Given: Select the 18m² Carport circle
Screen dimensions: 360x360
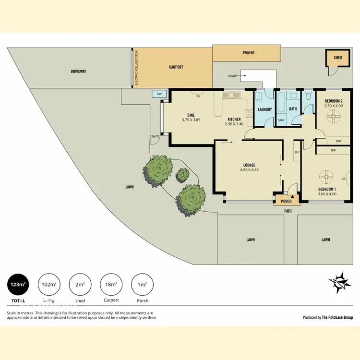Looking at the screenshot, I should [x=111, y=284].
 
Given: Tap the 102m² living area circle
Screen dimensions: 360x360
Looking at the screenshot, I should [x=48, y=284].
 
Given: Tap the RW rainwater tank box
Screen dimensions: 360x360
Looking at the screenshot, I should [x=159, y=94].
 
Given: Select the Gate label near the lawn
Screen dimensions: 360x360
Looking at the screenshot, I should [x=156, y=136].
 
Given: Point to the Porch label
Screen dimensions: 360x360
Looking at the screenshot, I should [x=286, y=201].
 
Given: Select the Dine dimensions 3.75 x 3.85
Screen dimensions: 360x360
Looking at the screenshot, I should [x=191, y=120].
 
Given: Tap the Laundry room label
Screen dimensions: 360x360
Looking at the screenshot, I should [x=264, y=109].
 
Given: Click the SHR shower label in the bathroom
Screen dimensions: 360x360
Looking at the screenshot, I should [x=281, y=120].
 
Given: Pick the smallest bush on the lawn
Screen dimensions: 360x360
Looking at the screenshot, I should [x=182, y=175].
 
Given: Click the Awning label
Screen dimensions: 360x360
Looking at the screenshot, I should [x=248, y=53].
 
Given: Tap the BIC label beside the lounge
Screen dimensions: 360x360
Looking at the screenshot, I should [x=297, y=152].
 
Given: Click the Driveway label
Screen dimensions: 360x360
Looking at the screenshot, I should [x=78, y=72].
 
